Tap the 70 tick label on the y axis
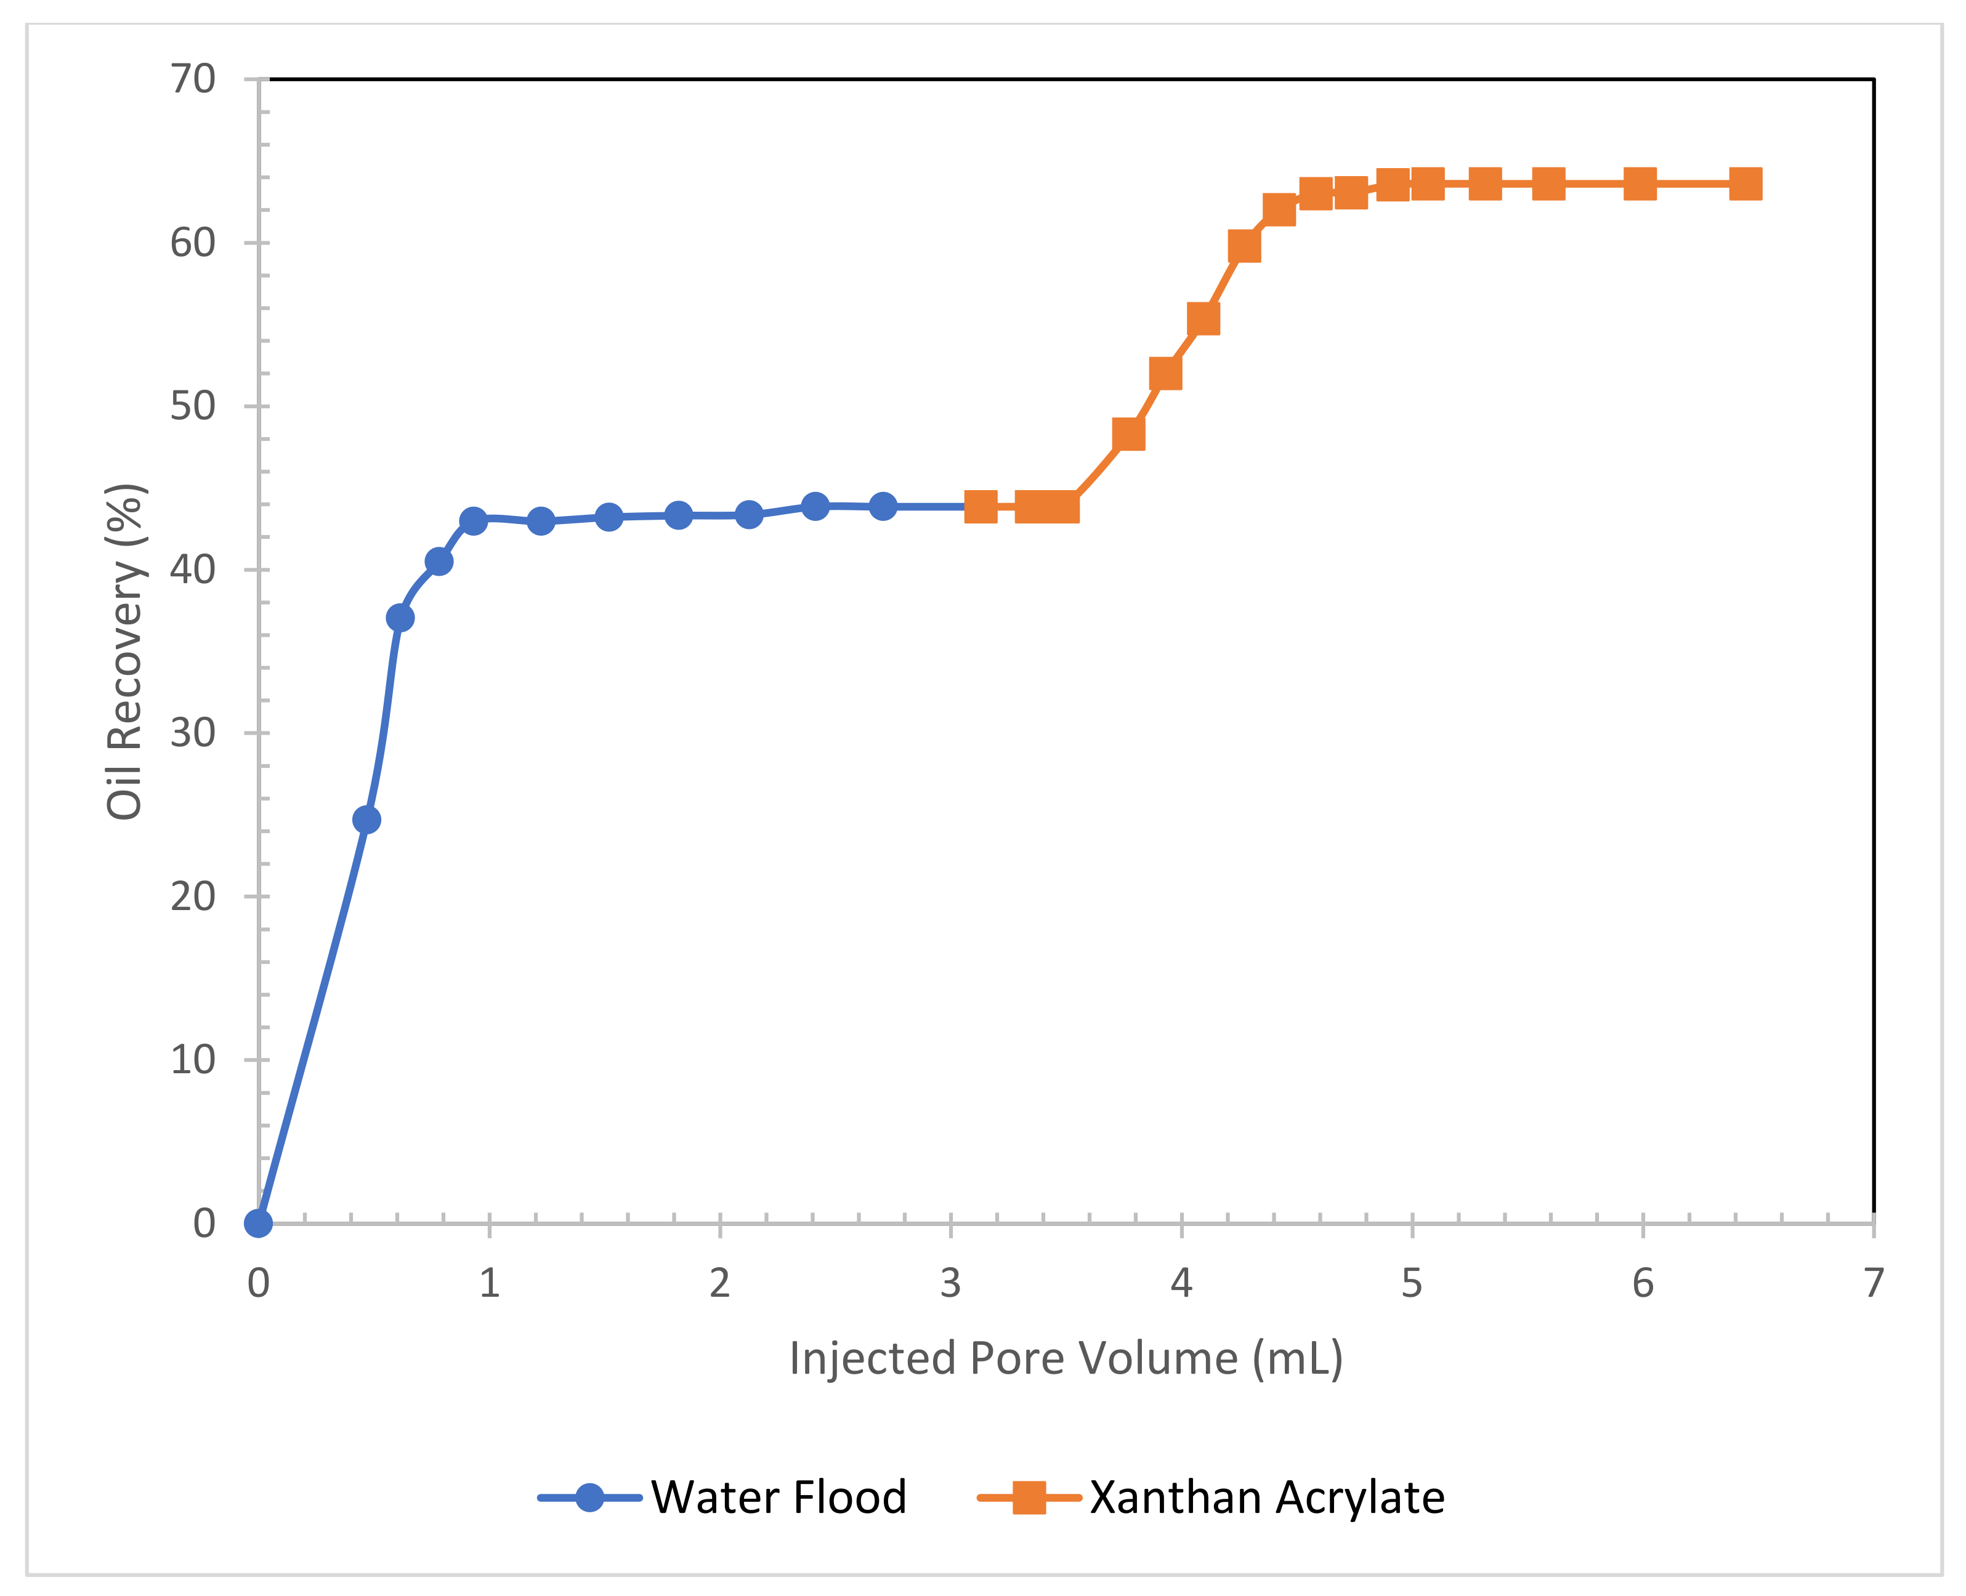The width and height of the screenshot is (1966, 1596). point(193,80)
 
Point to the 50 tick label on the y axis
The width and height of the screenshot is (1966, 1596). point(193,406)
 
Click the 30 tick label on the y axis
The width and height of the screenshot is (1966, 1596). point(193,733)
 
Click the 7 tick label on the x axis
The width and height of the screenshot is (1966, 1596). point(1873,1283)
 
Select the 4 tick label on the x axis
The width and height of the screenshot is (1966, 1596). point(1181,1283)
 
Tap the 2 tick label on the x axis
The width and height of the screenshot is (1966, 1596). point(719,1283)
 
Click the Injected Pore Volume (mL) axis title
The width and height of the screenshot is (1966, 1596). point(1066,1359)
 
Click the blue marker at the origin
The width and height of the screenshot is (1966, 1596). point(259,1223)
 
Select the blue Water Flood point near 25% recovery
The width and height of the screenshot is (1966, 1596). point(366,819)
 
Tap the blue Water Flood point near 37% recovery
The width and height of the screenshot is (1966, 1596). point(400,618)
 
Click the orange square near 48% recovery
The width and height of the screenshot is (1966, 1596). point(1128,434)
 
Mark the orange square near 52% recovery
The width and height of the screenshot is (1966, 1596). point(1165,373)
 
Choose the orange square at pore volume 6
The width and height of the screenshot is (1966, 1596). point(1640,184)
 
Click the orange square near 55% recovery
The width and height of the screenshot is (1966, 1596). point(1203,319)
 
